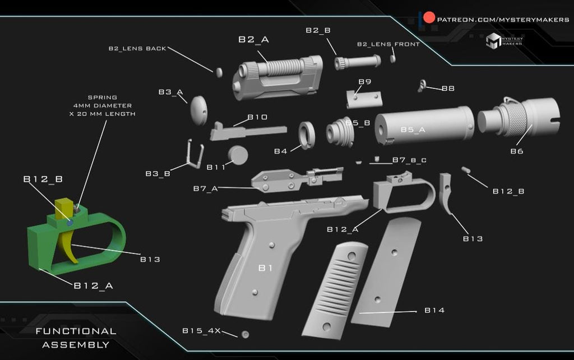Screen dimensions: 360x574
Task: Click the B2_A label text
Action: tap(253, 39)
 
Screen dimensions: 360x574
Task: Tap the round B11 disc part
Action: tap(238, 155)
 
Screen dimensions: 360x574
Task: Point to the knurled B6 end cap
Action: tap(519, 118)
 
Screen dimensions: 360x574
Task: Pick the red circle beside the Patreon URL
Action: tap(429, 18)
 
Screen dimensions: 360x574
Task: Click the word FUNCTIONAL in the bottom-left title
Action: tap(76, 331)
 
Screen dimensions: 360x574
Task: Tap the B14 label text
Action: tap(434, 310)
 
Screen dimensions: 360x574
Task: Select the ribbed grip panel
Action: tap(335, 290)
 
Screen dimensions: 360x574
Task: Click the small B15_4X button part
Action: tap(244, 334)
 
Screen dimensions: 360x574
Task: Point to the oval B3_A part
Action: tap(198, 109)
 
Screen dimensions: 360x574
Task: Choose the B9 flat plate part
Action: tap(364, 99)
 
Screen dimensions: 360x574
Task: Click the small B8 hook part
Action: tap(423, 85)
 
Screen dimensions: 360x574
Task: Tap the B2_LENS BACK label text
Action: tap(137, 49)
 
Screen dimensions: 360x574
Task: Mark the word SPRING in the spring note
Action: tap(102, 97)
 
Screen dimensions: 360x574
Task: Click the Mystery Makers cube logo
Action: tap(493, 41)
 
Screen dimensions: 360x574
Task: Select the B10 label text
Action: tap(257, 117)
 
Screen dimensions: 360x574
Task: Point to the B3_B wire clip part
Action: tap(194, 154)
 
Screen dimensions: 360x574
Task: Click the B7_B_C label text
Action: tap(409, 160)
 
